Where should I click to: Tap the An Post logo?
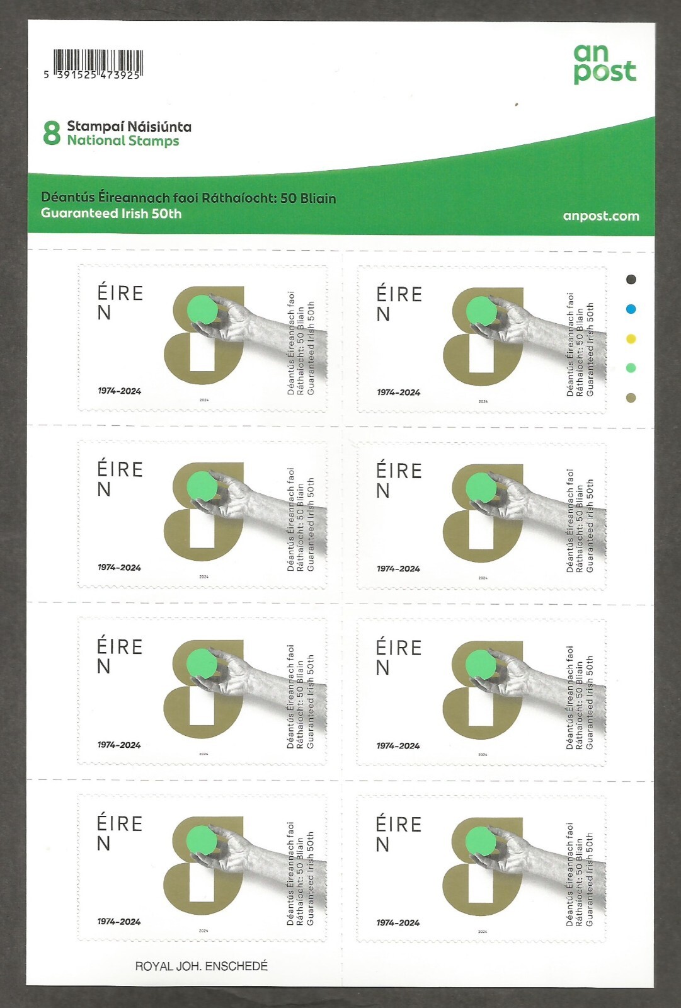pos(604,64)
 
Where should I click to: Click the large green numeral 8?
pos(52,134)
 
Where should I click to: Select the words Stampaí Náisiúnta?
pos(129,127)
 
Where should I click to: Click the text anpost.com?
pos(600,216)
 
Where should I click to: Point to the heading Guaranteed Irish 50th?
pos(111,214)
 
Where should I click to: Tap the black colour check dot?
pos(631,279)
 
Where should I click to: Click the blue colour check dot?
pos(631,309)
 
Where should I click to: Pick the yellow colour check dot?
pos(631,339)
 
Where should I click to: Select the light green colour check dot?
pos(631,368)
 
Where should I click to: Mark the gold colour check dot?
pos(631,398)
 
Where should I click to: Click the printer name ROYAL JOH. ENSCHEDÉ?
pos(201,966)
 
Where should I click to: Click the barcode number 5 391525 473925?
pos(92,74)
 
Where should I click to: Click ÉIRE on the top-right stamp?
pos(399,295)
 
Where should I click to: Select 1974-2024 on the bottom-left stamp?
pos(119,922)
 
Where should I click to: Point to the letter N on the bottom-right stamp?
pos(383,845)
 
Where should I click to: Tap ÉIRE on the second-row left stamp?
pos(120,470)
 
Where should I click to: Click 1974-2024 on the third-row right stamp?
pos(398,746)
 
